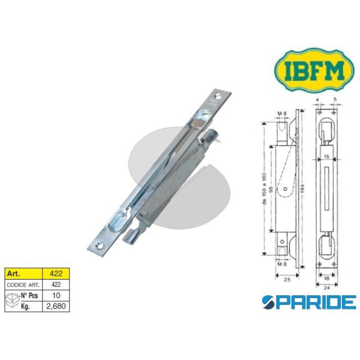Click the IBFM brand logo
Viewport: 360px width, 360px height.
click(x=314, y=70)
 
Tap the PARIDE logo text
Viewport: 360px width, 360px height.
click(x=309, y=302)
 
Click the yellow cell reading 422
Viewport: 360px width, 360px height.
click(x=56, y=274)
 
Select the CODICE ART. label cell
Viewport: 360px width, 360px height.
click(x=23, y=284)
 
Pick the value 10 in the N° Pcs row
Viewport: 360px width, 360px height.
click(x=56, y=295)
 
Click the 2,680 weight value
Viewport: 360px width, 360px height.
click(x=56, y=306)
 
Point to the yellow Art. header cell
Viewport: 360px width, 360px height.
click(x=23, y=274)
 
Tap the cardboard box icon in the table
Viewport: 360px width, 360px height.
click(x=13, y=300)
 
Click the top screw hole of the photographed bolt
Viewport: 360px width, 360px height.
click(x=218, y=96)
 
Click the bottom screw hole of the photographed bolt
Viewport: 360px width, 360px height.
click(x=100, y=245)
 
